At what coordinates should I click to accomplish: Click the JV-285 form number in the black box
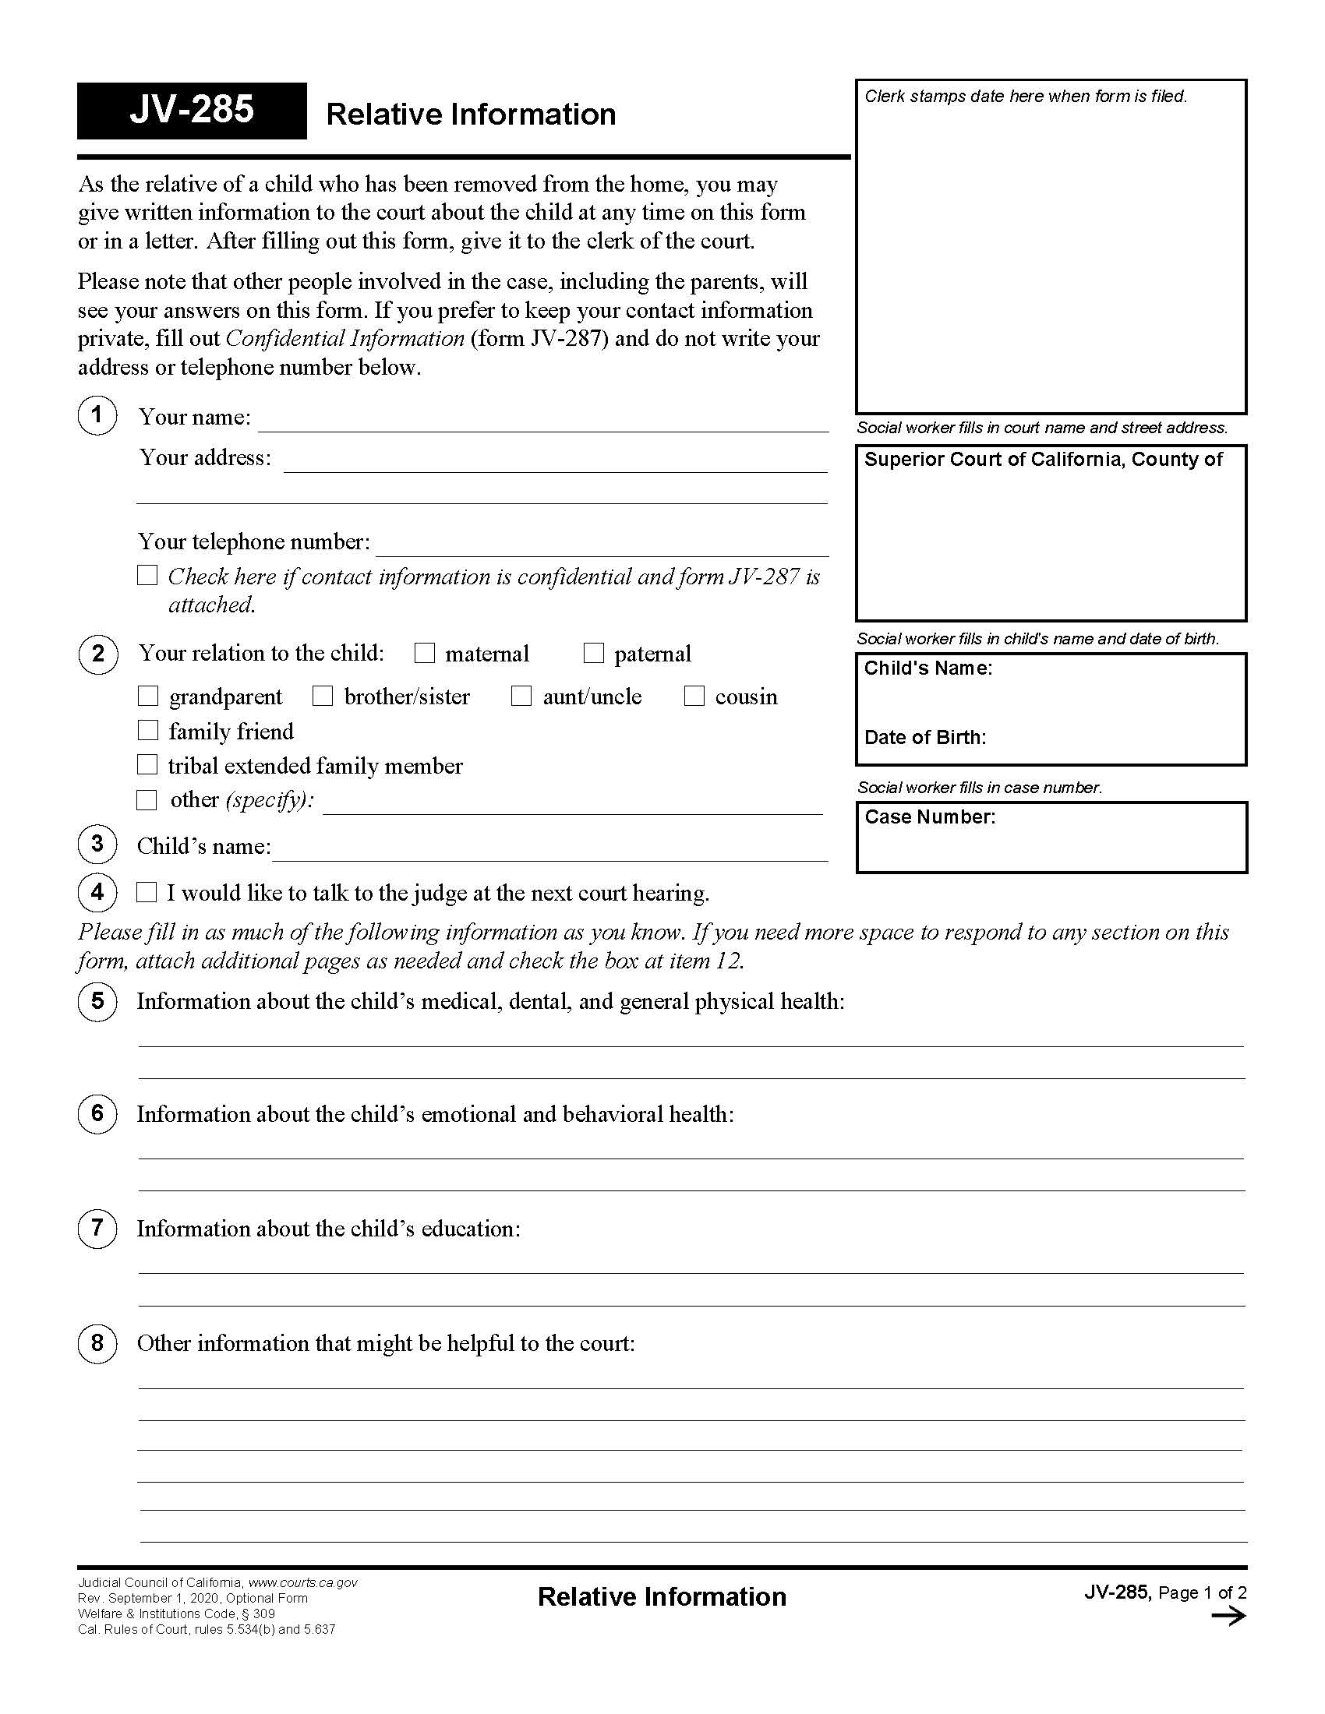(192, 110)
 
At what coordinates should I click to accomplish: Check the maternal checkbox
(425, 653)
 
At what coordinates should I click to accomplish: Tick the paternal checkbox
(594, 653)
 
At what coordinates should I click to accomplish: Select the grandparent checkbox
(148, 696)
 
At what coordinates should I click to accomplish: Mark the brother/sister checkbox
(323, 696)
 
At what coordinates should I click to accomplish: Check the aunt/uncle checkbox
(521, 696)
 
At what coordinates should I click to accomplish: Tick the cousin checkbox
(694, 696)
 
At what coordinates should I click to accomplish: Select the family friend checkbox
(147, 731)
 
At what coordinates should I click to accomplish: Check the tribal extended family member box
(147, 764)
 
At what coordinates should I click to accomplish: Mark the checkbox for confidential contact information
(147, 575)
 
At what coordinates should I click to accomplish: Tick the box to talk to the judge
(147, 892)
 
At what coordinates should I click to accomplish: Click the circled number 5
(97, 1001)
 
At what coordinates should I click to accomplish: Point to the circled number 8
(97, 1343)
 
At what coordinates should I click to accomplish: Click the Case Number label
(929, 817)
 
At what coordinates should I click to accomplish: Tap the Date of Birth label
(924, 738)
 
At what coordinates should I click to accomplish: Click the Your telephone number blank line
(601, 547)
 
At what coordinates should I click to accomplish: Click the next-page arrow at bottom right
(1228, 1616)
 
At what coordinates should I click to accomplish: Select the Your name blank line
(543, 422)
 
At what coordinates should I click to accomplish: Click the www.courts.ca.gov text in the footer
(303, 1583)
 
